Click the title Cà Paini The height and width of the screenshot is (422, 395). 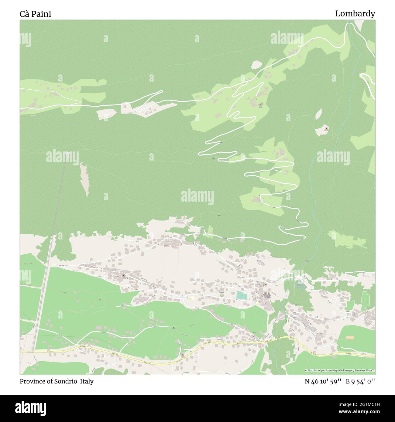click(x=36, y=14)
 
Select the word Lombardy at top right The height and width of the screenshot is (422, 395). click(x=355, y=14)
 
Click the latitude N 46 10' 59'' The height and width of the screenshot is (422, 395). click(x=323, y=381)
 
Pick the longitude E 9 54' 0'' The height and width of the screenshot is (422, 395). click(x=360, y=381)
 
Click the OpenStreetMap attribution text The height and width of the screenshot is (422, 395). click(x=340, y=370)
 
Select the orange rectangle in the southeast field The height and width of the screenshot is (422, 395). click(x=350, y=338)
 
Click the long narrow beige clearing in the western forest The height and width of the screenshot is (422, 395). click(x=84, y=179)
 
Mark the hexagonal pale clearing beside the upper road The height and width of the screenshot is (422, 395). click(x=256, y=65)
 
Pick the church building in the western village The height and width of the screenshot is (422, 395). click(x=124, y=276)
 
